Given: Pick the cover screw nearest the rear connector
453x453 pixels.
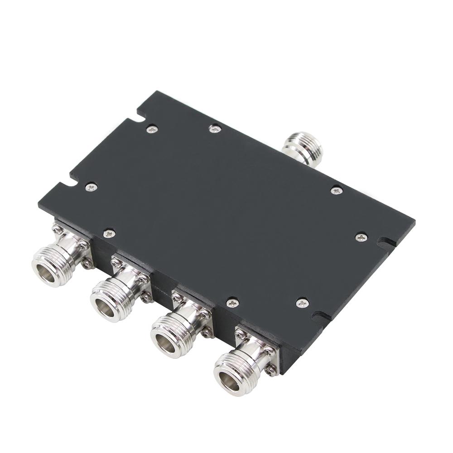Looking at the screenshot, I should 336,191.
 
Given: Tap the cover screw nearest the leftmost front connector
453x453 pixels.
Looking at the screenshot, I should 109,234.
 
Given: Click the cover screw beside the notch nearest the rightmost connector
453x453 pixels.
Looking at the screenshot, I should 302,303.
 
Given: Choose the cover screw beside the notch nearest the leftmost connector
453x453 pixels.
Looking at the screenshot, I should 91,187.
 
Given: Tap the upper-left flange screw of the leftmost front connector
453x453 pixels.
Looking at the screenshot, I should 57,230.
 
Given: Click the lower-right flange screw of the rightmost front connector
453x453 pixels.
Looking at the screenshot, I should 270,371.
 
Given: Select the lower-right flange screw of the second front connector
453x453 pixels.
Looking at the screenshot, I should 146,298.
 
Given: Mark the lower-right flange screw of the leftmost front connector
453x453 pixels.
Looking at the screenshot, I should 86,263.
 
